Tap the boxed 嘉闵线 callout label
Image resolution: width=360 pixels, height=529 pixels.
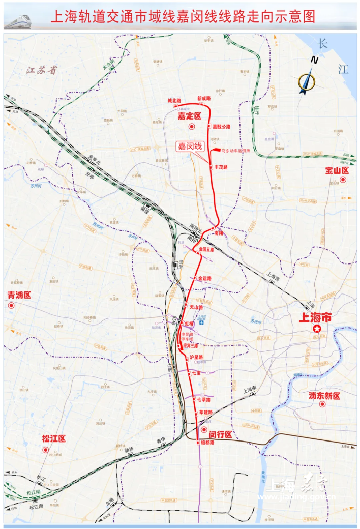(190, 146)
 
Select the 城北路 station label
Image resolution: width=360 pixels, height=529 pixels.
(174, 101)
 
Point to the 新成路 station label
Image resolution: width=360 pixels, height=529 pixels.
(203, 99)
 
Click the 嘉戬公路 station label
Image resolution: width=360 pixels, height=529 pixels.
(221, 126)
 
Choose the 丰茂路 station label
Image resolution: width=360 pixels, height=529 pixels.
(220, 167)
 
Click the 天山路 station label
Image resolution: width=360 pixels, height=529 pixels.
(196, 307)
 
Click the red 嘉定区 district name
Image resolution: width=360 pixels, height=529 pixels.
(189, 116)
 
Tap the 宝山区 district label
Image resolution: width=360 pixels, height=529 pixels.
(336, 170)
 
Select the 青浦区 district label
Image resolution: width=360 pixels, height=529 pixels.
(19, 295)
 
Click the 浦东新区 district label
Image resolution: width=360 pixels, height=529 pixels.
(324, 395)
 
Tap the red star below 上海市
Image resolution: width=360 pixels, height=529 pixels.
(317, 330)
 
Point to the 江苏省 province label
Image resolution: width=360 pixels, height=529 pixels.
(42, 71)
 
